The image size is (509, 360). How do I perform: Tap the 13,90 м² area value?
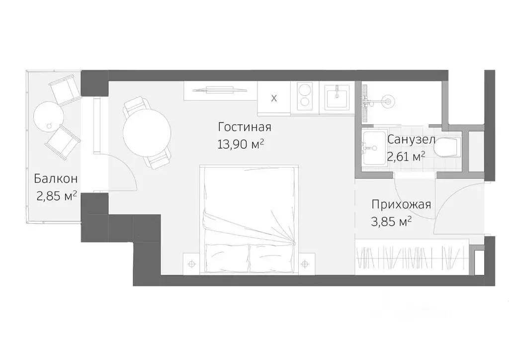240,144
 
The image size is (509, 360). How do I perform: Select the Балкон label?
55,179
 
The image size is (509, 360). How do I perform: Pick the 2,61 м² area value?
406,157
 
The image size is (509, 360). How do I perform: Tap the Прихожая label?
401,204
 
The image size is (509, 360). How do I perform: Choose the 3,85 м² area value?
392,222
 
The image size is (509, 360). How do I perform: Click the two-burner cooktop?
304,96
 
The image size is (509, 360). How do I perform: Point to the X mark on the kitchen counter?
273,98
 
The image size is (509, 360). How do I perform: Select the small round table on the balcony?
48,116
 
